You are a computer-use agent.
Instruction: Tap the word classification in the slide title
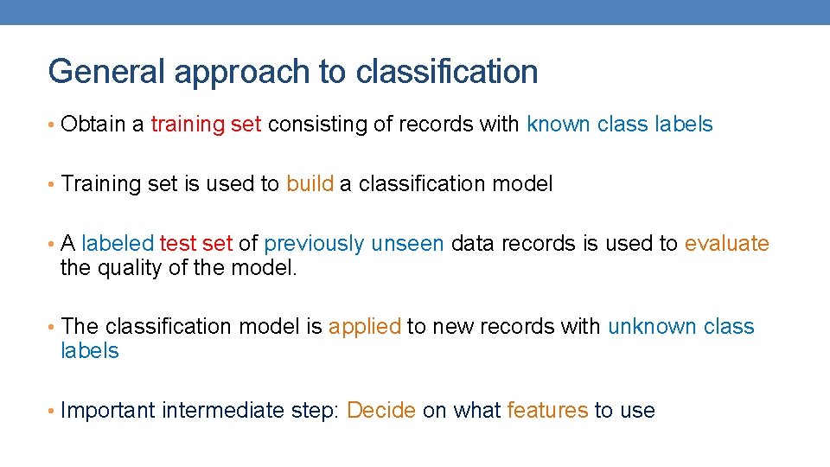click(446, 72)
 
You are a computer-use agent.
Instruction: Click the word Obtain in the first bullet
click(93, 125)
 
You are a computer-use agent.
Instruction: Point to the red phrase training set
click(206, 125)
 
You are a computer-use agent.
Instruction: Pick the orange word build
click(310, 184)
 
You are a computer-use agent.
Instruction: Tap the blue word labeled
click(118, 244)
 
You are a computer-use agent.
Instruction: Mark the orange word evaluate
click(726, 244)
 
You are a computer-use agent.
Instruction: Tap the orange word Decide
click(381, 411)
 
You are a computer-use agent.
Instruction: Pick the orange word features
click(547, 411)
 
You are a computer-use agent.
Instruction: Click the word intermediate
click(222, 411)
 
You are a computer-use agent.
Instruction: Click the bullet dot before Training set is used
click(53, 184)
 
